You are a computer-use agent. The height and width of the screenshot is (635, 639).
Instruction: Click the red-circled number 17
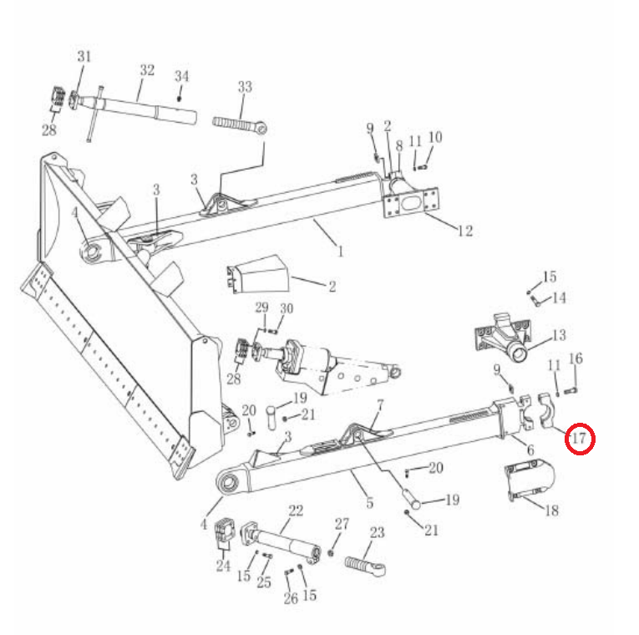(579, 439)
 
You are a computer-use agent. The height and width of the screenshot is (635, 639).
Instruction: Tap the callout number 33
(245, 86)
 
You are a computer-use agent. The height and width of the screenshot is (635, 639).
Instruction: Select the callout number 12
(465, 231)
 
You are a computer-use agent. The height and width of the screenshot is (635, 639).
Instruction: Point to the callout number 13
(559, 335)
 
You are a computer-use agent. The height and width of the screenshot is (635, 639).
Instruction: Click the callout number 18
(552, 511)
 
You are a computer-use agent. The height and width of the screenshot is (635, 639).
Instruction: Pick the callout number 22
(296, 511)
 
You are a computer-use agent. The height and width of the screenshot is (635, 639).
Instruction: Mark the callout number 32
(147, 70)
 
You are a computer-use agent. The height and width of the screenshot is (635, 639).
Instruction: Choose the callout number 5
(370, 502)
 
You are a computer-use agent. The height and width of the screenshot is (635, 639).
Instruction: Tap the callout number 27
(342, 524)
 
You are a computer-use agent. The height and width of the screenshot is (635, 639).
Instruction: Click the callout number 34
(182, 76)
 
